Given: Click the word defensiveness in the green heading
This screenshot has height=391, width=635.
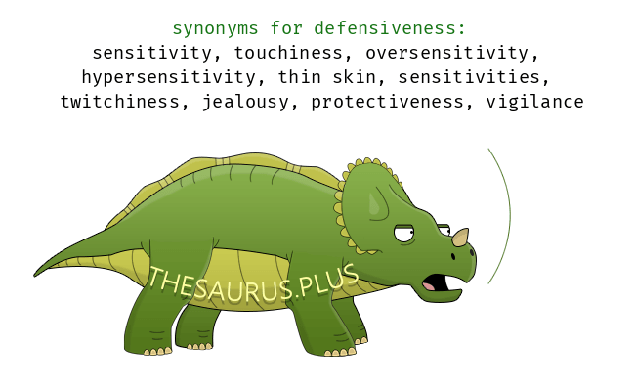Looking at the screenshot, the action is point(390,28).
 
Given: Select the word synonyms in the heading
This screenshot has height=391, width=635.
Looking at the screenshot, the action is point(216,29).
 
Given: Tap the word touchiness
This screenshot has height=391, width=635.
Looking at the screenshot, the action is point(288,53).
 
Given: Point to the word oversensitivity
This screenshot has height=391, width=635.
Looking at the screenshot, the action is point(447,54).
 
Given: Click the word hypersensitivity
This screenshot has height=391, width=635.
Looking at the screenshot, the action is point(169,78).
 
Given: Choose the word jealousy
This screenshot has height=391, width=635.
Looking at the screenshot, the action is point(245,102).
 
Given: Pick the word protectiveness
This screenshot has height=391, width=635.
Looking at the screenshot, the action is point(387,102).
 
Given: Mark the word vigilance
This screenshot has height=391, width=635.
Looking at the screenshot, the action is point(534,102).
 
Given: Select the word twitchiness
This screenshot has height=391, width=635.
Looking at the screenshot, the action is point(120,102).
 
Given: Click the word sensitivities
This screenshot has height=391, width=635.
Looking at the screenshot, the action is point(469,77).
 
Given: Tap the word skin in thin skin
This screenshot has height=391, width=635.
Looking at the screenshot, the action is point(355,77).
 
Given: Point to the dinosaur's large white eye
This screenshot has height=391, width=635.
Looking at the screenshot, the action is point(404,234).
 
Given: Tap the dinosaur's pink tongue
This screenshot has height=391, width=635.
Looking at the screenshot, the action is point(429,286).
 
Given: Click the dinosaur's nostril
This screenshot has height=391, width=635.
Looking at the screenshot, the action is point(453,256).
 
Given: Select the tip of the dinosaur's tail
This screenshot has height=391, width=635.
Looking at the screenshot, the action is point(34,276).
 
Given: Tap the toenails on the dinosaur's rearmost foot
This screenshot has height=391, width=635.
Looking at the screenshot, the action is point(199,347).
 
